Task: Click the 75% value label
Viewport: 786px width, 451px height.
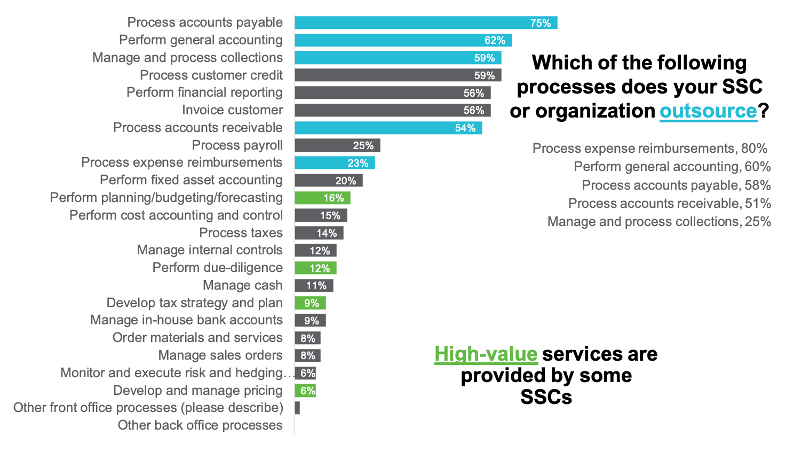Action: point(540,23)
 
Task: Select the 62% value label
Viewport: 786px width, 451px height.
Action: point(495,41)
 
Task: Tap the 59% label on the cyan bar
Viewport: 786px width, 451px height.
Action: point(485,58)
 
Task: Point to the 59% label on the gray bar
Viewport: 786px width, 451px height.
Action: point(485,75)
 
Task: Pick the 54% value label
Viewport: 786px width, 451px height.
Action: point(465,128)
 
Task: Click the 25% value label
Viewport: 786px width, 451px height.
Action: point(363,145)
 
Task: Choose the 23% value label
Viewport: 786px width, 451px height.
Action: point(358,163)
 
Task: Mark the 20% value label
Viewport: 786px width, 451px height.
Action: point(346,181)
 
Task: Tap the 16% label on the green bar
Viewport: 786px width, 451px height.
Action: point(334,198)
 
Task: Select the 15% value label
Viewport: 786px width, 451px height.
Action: point(330,215)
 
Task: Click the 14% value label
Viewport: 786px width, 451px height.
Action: point(327,233)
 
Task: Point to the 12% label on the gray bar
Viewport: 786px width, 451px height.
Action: point(320,251)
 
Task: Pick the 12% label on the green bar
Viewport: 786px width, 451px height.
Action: point(320,268)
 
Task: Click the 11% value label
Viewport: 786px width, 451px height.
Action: point(316,285)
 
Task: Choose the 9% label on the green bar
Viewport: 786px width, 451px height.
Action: point(312,303)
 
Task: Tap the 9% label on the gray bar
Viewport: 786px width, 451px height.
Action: point(312,321)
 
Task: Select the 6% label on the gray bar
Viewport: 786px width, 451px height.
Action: point(308,373)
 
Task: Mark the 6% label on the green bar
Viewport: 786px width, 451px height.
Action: point(308,391)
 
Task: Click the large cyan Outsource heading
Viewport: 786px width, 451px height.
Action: point(708,111)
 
